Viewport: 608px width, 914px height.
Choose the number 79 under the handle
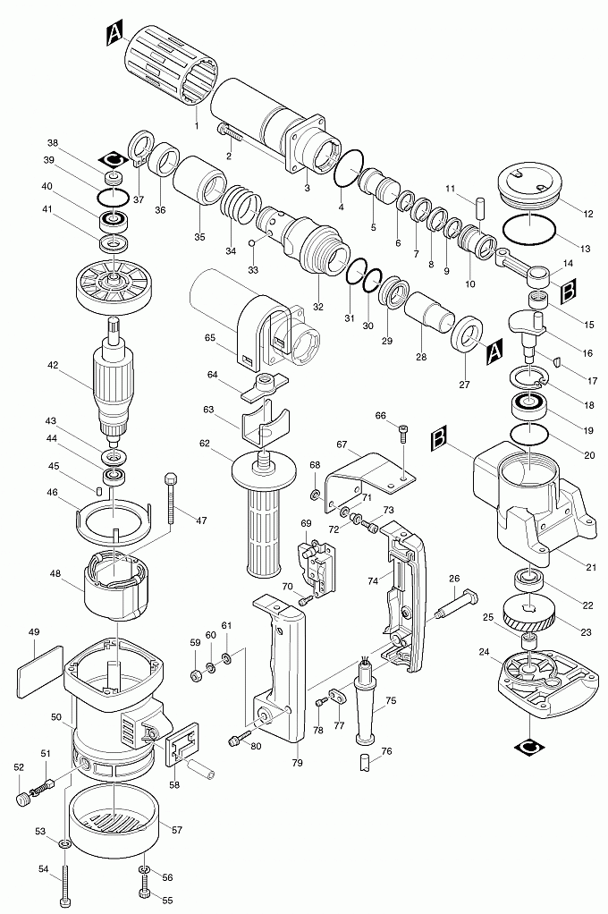click(x=297, y=763)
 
